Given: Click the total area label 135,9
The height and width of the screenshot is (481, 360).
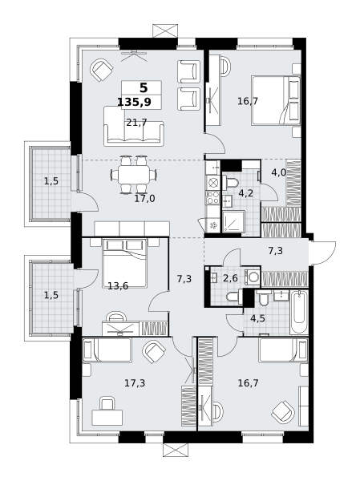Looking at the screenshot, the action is [134, 102].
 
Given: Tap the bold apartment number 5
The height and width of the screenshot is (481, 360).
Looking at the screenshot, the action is [144, 88].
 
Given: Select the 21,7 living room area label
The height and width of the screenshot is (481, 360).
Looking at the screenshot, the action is [136, 123].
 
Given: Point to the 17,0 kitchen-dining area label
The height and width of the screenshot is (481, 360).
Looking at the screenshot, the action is [144, 199].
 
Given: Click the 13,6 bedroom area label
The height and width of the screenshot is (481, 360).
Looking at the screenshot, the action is [118, 286].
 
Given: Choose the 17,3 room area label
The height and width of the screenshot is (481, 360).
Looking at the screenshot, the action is [135, 383].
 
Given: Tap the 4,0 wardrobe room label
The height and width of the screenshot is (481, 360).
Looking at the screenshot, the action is [279, 172].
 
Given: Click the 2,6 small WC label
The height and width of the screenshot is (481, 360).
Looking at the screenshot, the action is [230, 278].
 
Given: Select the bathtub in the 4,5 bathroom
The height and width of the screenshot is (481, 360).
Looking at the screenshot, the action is [299, 313].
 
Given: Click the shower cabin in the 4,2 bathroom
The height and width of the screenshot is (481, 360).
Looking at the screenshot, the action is [233, 221].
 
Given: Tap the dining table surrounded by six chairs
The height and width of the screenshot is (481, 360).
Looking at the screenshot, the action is [134, 175].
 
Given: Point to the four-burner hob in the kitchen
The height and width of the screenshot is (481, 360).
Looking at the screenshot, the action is [212, 197].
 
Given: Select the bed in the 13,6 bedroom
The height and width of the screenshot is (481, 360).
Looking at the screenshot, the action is [124, 263].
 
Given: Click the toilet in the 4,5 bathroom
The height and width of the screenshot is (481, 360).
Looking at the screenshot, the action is [264, 298].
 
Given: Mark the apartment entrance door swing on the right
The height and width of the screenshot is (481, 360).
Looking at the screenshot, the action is [322, 253].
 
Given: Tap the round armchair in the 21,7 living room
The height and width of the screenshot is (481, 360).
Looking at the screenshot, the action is [101, 70].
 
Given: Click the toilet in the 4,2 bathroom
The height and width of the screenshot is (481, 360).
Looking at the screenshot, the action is [230, 182].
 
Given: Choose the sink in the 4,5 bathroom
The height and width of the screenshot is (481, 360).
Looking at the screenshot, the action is [281, 296].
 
